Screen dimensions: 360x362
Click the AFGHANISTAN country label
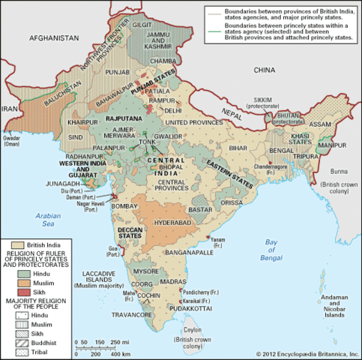(x=54, y=37)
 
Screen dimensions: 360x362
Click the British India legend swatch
(x=16, y=244)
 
